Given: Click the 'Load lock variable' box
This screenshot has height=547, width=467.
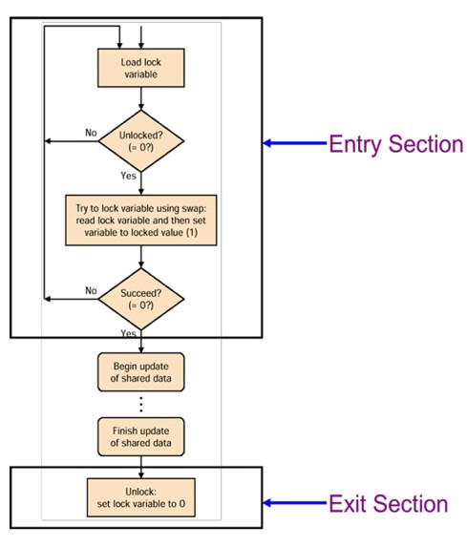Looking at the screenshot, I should (140, 66).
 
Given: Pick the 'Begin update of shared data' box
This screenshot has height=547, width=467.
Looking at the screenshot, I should (140, 371).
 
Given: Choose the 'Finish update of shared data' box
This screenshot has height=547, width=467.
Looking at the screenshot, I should (140, 436).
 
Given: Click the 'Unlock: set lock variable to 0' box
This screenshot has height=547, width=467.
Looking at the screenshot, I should (140, 496).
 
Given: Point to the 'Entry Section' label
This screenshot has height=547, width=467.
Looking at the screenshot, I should (395, 144).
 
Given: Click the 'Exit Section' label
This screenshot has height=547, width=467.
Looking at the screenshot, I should (388, 503).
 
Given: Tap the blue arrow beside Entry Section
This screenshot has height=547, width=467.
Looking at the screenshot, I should (296, 144).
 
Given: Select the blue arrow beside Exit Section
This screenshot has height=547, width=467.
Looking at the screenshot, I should (296, 503).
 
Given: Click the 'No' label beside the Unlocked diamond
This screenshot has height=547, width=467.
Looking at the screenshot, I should (91, 133).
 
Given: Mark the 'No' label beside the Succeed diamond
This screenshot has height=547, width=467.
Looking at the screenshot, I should (91, 289).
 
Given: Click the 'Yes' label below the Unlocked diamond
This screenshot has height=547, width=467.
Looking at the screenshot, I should (127, 177).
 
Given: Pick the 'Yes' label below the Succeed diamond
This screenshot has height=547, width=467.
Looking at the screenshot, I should (127, 332).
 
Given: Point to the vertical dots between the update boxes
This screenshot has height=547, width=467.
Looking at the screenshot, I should (140, 404).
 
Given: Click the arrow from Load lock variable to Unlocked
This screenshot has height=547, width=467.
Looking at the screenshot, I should (140, 98).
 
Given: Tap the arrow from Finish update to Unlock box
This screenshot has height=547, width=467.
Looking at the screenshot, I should (140, 465).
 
